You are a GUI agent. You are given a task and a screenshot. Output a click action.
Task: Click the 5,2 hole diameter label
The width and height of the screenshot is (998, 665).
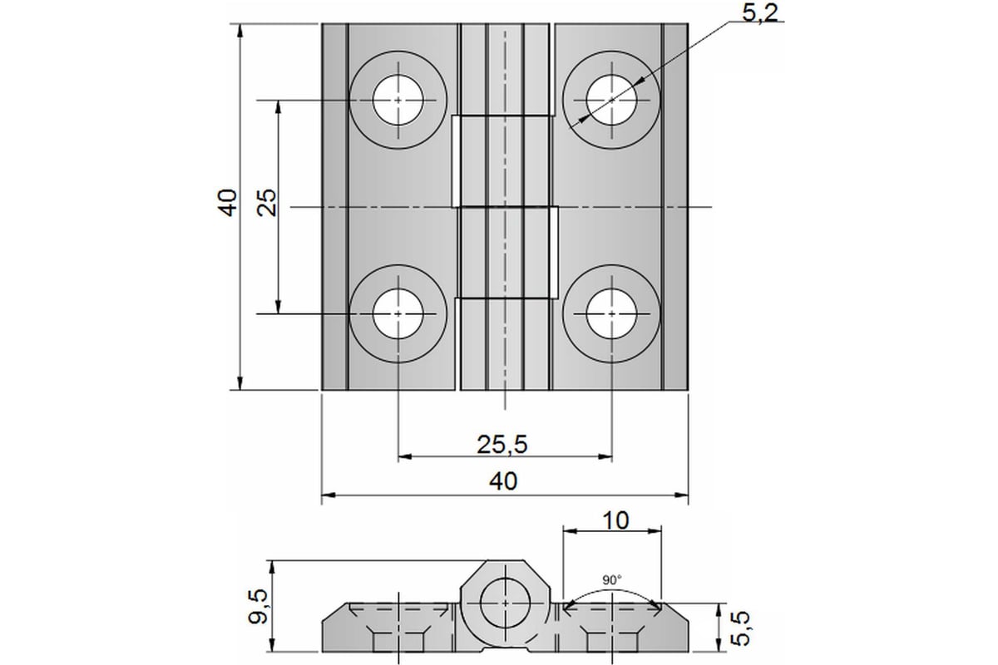pyautogui.click(x=759, y=13)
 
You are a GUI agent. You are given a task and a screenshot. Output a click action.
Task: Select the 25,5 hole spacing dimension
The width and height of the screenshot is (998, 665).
pyautogui.click(x=502, y=444)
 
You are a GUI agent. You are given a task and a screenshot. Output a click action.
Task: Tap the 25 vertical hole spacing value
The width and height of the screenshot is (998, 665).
pyautogui.click(x=267, y=203)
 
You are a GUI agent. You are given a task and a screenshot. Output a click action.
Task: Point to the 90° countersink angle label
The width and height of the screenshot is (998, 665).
pyautogui.click(x=612, y=580)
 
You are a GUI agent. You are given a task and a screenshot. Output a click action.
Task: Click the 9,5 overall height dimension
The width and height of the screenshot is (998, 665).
pyautogui.click(x=258, y=606)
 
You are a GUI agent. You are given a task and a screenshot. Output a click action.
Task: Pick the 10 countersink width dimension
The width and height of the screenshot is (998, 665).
pyautogui.click(x=615, y=520)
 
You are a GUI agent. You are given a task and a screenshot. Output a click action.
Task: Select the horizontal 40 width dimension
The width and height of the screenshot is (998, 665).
pyautogui.click(x=503, y=481)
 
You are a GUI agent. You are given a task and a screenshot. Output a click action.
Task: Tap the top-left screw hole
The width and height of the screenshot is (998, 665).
pyautogui.click(x=398, y=100)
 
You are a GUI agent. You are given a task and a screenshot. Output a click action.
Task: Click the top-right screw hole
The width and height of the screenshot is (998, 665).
pyautogui.click(x=611, y=100)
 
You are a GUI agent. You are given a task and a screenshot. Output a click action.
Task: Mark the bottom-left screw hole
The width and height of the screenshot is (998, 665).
pyautogui.click(x=398, y=313)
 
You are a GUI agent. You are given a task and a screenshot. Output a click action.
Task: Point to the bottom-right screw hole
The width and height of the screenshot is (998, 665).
pyautogui.click(x=611, y=313)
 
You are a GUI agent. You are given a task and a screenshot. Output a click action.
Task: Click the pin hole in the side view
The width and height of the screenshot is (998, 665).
pyautogui.click(x=506, y=603)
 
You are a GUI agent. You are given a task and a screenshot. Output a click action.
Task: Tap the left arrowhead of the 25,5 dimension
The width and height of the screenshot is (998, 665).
pyautogui.click(x=404, y=456)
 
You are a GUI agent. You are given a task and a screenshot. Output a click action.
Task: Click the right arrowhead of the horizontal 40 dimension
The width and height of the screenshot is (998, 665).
pyautogui.click(x=682, y=495)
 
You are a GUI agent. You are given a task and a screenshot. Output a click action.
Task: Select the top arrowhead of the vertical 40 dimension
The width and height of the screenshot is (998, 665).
pyautogui.click(x=240, y=31)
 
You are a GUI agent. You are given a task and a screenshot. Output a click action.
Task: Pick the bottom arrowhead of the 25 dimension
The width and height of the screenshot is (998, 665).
pyautogui.click(x=278, y=307)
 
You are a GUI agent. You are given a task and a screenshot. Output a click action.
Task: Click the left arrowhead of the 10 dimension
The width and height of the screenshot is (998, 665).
pyautogui.click(x=571, y=531)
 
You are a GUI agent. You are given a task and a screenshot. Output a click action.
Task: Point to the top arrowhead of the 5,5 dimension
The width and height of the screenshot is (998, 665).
pyautogui.click(x=718, y=610)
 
